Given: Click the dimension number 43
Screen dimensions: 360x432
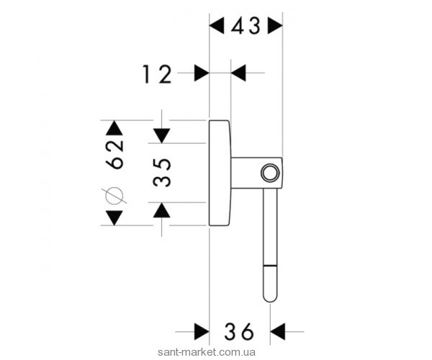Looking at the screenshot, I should click(x=246, y=27).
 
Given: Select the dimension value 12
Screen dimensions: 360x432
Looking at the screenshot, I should click(x=157, y=73).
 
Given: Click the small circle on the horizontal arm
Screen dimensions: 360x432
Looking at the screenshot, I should click(x=269, y=173).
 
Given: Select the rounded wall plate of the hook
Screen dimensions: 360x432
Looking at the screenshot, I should click(x=219, y=172).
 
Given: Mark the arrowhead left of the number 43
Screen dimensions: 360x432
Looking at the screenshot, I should click(x=217, y=27).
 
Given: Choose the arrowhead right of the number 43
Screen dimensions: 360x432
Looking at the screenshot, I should click(x=275, y=27).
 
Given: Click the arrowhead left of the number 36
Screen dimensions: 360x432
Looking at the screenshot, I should click(x=202, y=332).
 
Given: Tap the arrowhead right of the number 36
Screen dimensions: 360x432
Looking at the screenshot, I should click(x=278, y=332).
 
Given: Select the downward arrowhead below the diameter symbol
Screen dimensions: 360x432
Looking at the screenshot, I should click(x=114, y=217).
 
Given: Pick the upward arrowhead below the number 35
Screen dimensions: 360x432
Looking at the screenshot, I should click(x=163, y=210).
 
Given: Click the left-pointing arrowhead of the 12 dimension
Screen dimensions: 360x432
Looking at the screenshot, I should click(x=238, y=73).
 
